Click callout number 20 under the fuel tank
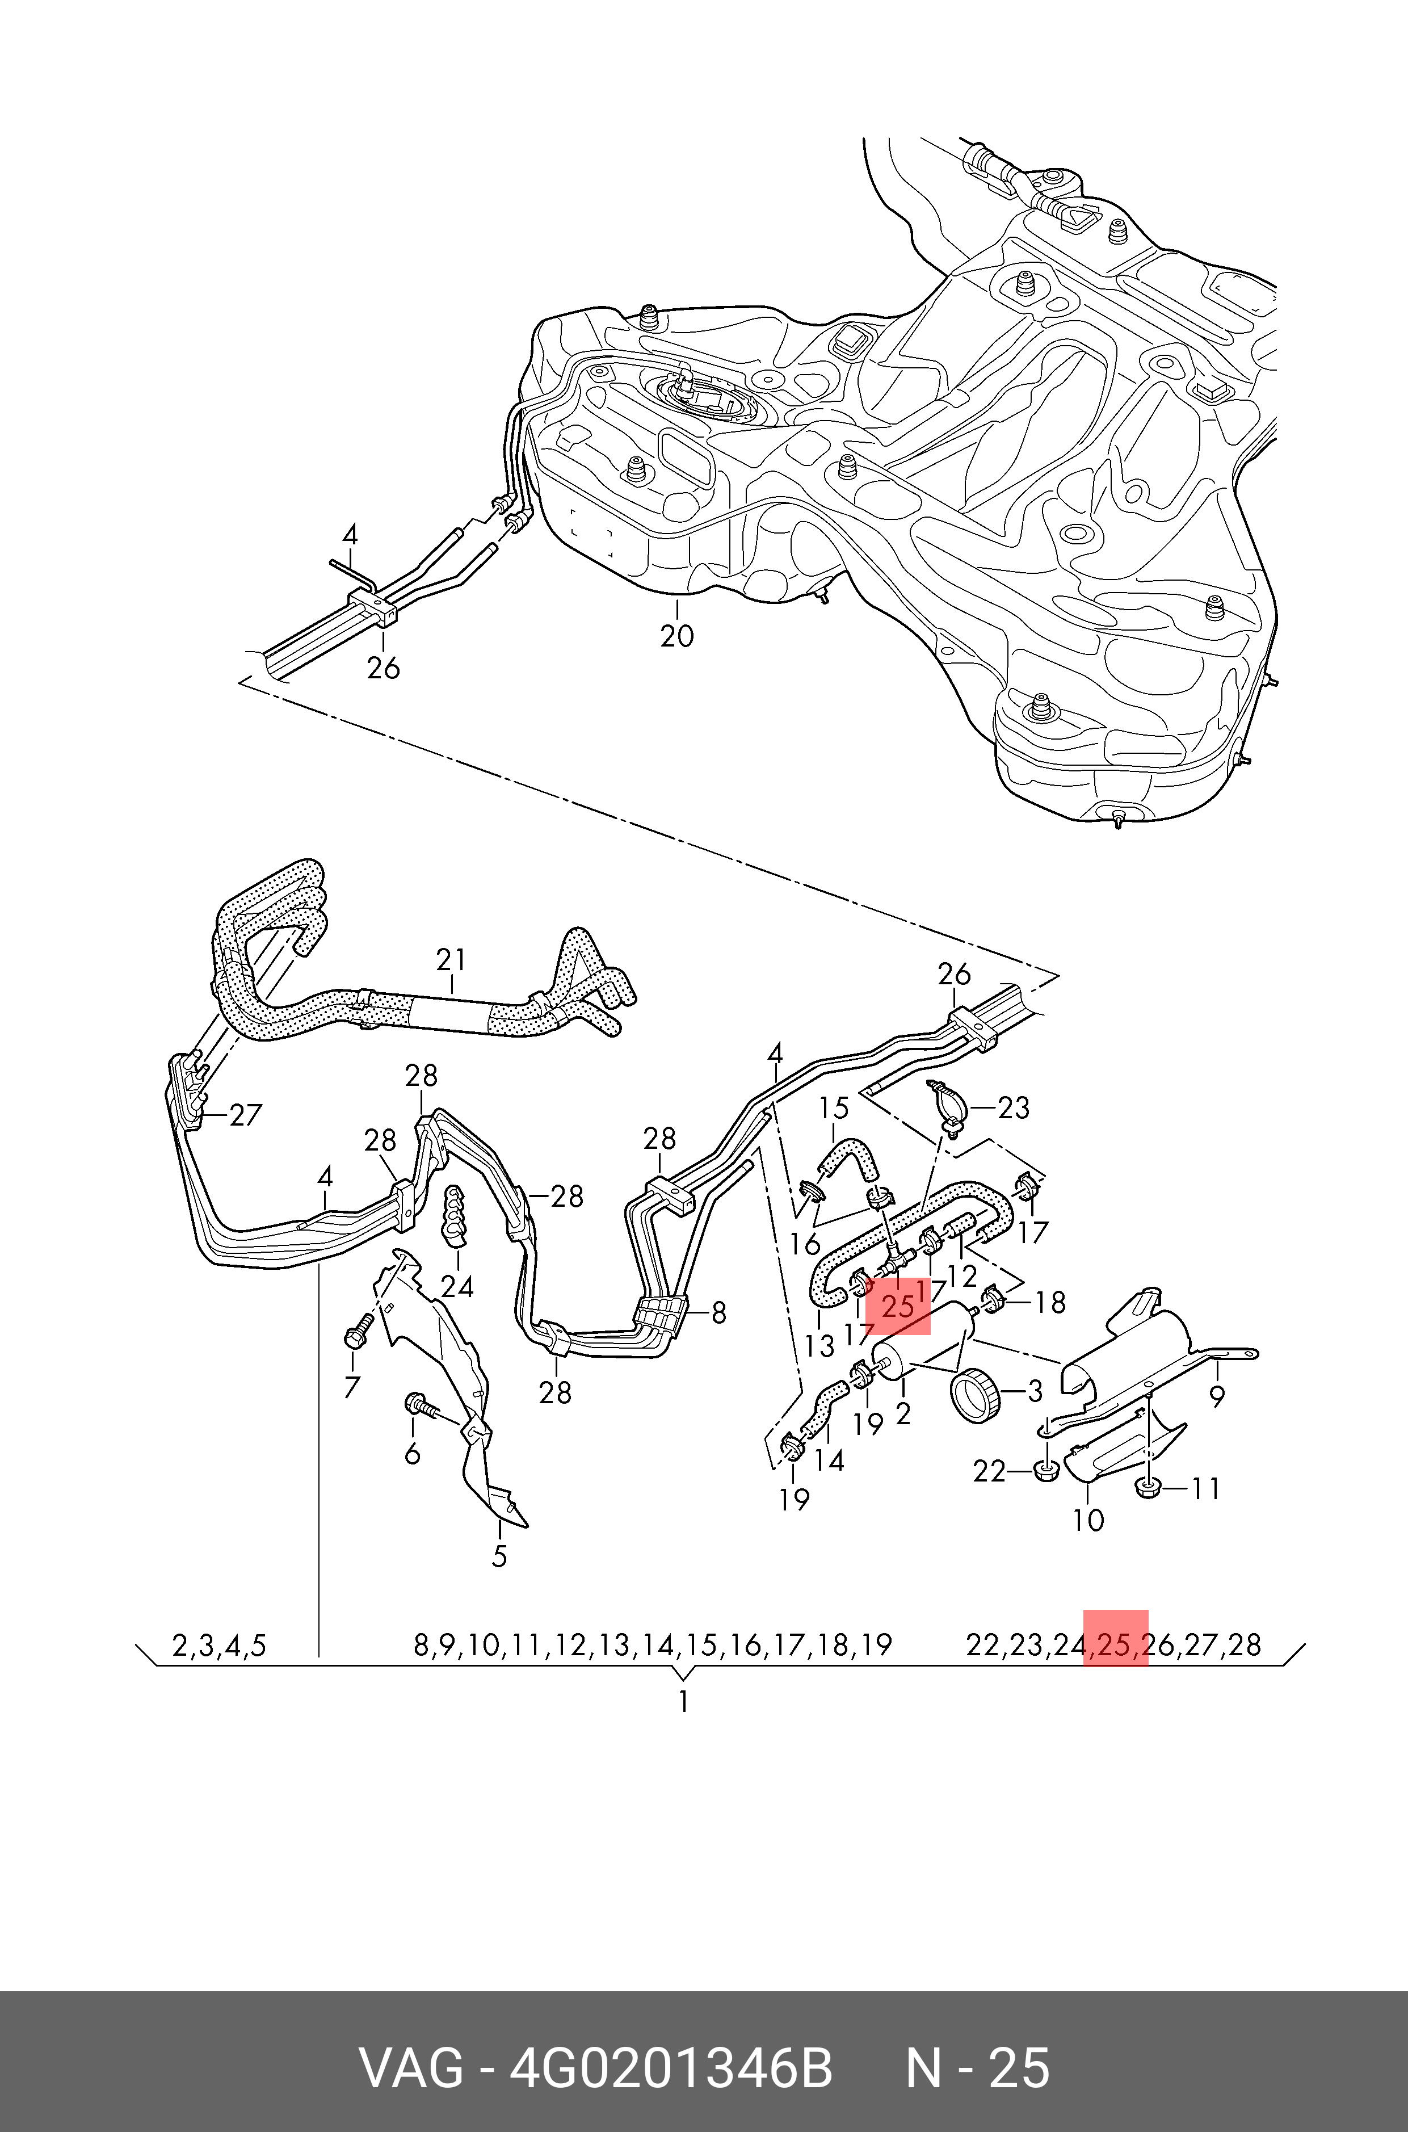coord(677,636)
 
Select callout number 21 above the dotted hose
coord(452,960)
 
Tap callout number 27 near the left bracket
coord(245,1115)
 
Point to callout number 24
coord(457,1287)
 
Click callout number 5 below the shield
coord(500,1556)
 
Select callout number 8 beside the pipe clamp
coord(718,1313)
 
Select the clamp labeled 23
coord(945,1103)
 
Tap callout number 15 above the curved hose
coord(834,1108)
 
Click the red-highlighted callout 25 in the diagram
coord(898,1306)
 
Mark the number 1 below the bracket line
coord(683,1702)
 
